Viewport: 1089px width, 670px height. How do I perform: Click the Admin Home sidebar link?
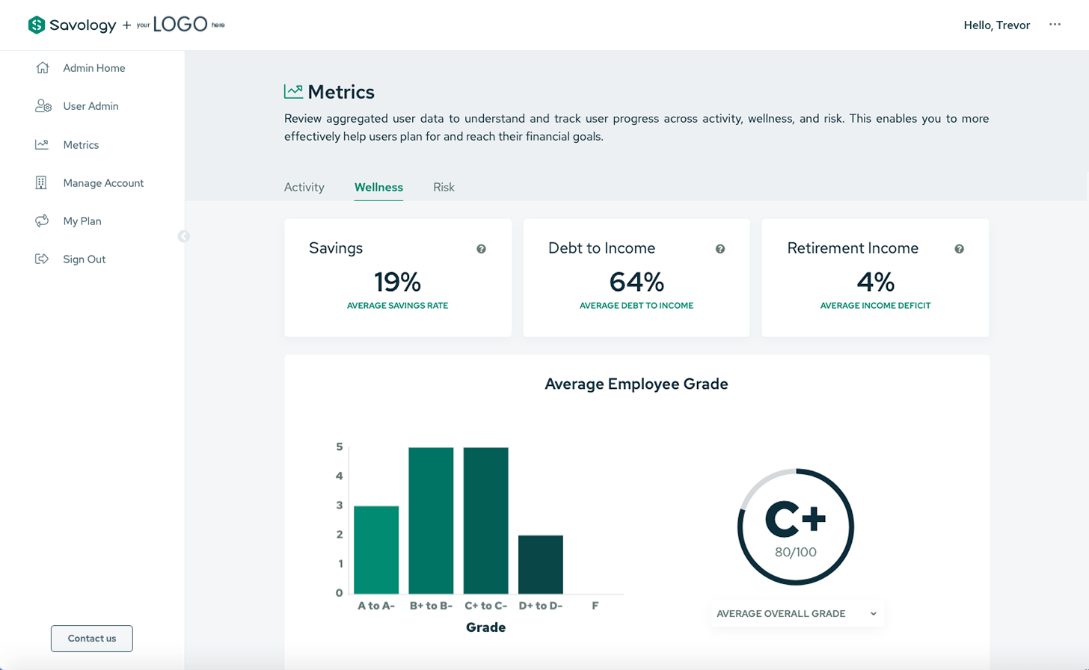click(x=93, y=68)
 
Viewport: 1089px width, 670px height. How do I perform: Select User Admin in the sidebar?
click(x=91, y=106)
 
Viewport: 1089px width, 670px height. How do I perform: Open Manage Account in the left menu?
click(x=103, y=183)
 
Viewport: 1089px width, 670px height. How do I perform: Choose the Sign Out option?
click(x=84, y=259)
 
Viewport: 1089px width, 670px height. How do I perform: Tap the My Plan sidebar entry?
click(x=82, y=221)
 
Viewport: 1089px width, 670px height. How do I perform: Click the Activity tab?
click(x=304, y=187)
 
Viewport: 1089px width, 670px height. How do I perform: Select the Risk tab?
click(x=444, y=187)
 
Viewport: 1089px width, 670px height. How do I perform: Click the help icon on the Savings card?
click(x=481, y=249)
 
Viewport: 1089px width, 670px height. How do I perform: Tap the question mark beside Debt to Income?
click(x=720, y=249)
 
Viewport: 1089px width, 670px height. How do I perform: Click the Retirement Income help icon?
click(x=959, y=249)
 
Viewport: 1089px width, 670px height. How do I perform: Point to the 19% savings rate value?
click(x=397, y=282)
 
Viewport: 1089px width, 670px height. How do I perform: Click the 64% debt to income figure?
click(x=636, y=282)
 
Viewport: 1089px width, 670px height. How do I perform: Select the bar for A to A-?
click(x=376, y=550)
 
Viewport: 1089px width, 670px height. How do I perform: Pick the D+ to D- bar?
click(x=541, y=565)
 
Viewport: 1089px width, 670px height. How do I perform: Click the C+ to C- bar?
click(x=485, y=520)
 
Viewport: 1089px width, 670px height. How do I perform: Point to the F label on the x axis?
click(x=595, y=606)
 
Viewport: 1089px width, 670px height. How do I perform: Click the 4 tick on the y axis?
click(x=340, y=476)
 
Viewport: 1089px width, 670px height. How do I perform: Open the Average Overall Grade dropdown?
click(x=797, y=614)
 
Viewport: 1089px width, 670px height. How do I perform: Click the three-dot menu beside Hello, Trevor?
click(x=1055, y=25)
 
